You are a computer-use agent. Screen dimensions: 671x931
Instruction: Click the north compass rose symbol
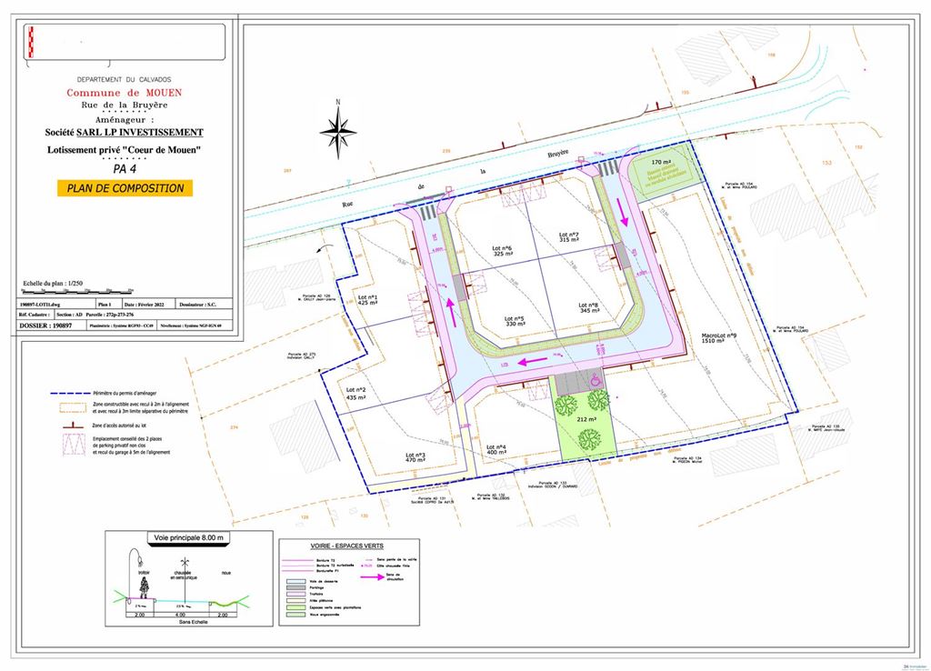[337, 129]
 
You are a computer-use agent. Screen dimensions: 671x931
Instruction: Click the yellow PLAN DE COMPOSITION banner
[125, 188]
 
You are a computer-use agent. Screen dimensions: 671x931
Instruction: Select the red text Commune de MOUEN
[124, 93]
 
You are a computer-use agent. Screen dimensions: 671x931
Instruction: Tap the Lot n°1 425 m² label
[368, 299]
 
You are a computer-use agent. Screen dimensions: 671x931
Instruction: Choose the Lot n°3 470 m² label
[416, 458]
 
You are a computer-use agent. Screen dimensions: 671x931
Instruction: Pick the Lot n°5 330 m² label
[516, 321]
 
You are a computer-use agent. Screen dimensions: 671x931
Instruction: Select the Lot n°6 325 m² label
[503, 251]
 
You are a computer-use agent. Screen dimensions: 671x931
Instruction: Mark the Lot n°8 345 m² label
[589, 309]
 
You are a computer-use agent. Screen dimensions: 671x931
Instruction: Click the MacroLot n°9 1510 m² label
[719, 340]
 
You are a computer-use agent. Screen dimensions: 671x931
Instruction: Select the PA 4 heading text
[125, 168]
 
